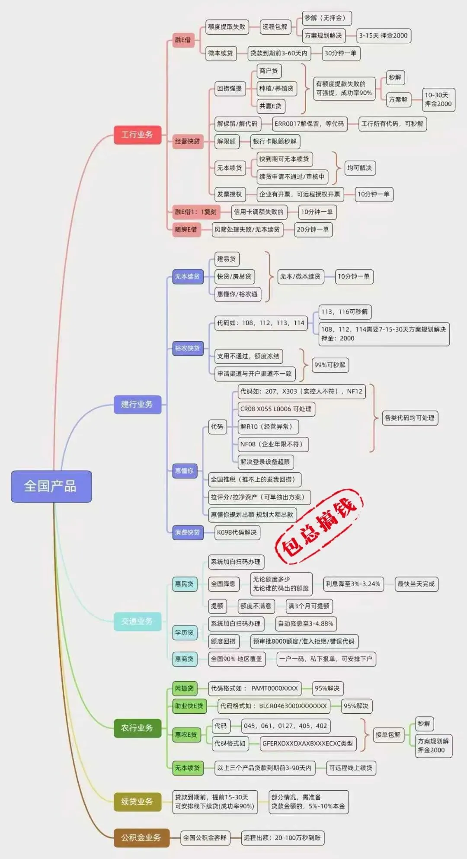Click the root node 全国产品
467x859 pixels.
(51, 486)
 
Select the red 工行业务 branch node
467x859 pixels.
(137, 135)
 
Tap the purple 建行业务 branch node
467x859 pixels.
(137, 404)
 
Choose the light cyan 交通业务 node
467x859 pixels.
(137, 621)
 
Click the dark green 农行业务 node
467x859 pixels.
(137, 728)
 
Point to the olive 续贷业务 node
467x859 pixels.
(137, 801)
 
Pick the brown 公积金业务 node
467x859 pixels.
(141, 837)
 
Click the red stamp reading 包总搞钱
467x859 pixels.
(319, 525)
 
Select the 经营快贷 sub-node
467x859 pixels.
(187, 141)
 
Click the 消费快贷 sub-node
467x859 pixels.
(187, 532)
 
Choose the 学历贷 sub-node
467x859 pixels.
(184, 632)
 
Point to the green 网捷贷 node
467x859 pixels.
(184, 688)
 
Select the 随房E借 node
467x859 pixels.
(186, 229)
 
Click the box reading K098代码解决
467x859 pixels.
(237, 532)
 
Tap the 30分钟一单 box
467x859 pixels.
(341, 53)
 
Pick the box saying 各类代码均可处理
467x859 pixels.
(409, 418)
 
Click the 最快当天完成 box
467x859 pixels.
(416, 584)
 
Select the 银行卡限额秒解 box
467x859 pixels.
(275, 141)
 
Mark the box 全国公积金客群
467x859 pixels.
(205, 837)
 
